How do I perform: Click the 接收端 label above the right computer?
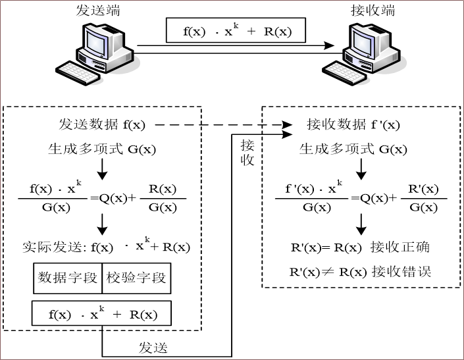click(372, 10)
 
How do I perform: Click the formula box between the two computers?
click(236, 30)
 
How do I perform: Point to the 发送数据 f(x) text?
click(101, 124)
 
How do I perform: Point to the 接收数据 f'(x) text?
click(353, 124)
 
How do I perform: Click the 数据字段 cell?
click(68, 278)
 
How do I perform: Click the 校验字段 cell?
click(136, 278)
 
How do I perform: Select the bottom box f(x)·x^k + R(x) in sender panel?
click(102, 314)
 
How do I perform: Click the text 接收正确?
click(400, 247)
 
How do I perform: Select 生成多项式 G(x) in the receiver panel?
click(353, 149)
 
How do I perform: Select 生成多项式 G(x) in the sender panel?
click(101, 149)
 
